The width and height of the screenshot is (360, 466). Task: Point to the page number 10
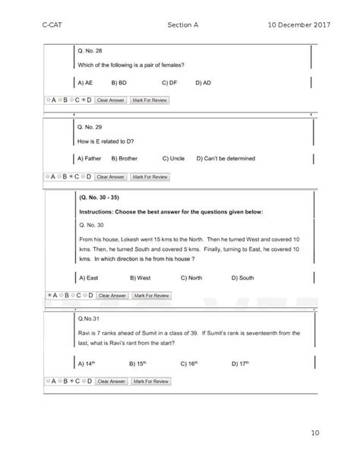coord(314,433)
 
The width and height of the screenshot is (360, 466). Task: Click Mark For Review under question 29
coord(150,176)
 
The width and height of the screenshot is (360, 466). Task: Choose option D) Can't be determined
coord(225,159)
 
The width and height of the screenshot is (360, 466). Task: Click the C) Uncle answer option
coord(175,159)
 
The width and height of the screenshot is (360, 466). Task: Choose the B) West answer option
coord(140,278)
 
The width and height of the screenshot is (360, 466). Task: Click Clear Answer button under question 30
coord(112,295)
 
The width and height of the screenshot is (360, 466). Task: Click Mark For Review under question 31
coord(150,380)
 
